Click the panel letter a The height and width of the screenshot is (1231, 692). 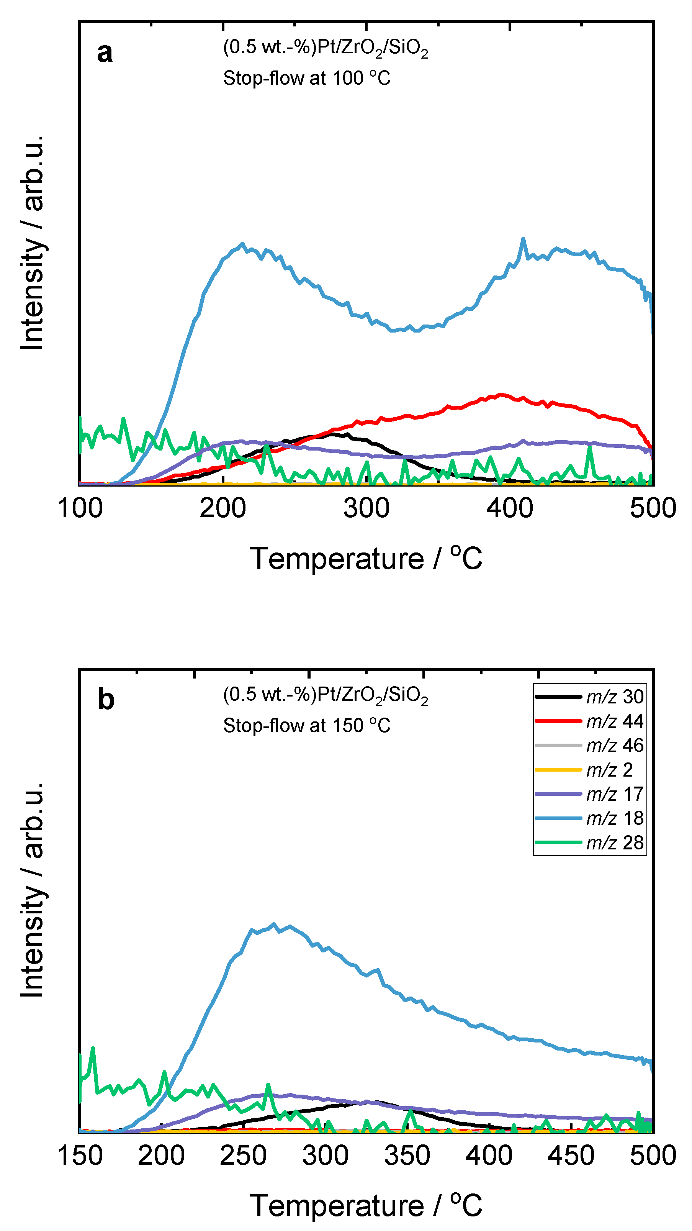point(105,52)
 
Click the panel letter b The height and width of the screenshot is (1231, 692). point(106,700)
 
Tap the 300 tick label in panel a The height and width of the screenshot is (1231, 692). point(366,508)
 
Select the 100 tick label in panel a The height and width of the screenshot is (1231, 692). point(80,508)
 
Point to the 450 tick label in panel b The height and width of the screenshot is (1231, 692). point(571,1156)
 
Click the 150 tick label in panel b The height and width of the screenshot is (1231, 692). point(80,1156)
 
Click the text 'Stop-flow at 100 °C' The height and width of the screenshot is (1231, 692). point(307,78)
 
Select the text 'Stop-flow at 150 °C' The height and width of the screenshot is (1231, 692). point(307,725)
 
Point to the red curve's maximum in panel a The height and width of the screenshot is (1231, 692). point(500,394)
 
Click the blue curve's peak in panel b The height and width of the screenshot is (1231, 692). point(274,924)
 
